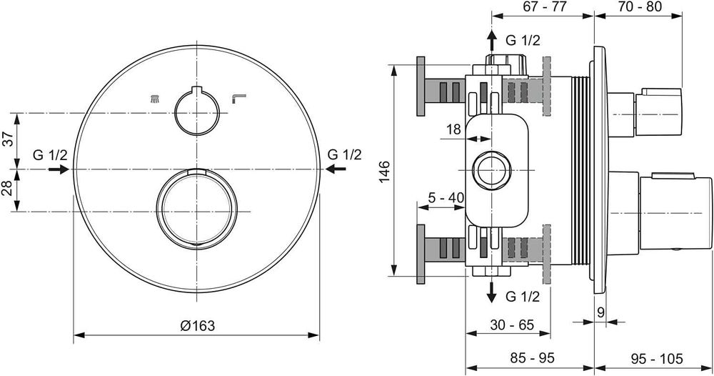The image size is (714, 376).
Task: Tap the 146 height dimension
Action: click(x=384, y=171)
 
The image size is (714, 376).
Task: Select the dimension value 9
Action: click(x=601, y=311)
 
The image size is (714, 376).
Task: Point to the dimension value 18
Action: click(x=453, y=129)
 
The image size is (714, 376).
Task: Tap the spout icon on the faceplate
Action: click(x=238, y=100)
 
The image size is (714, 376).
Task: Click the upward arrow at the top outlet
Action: click(x=492, y=40)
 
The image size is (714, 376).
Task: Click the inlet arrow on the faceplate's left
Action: click(x=59, y=169)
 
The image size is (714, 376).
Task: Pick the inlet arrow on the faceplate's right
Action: click(x=336, y=169)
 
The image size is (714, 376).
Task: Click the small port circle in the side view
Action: click(x=492, y=169)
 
